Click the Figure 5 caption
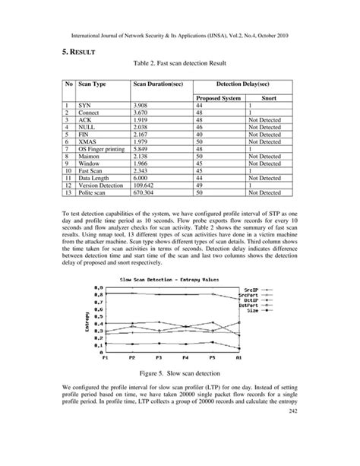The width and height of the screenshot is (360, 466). point(179,373)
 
